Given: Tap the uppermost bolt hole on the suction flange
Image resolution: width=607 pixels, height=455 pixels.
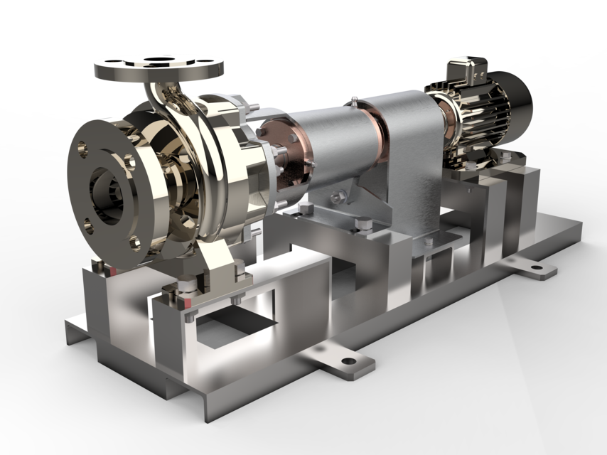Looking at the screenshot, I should tap(83, 149).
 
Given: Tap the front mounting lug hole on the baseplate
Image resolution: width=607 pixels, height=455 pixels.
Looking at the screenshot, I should tap(348, 361).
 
